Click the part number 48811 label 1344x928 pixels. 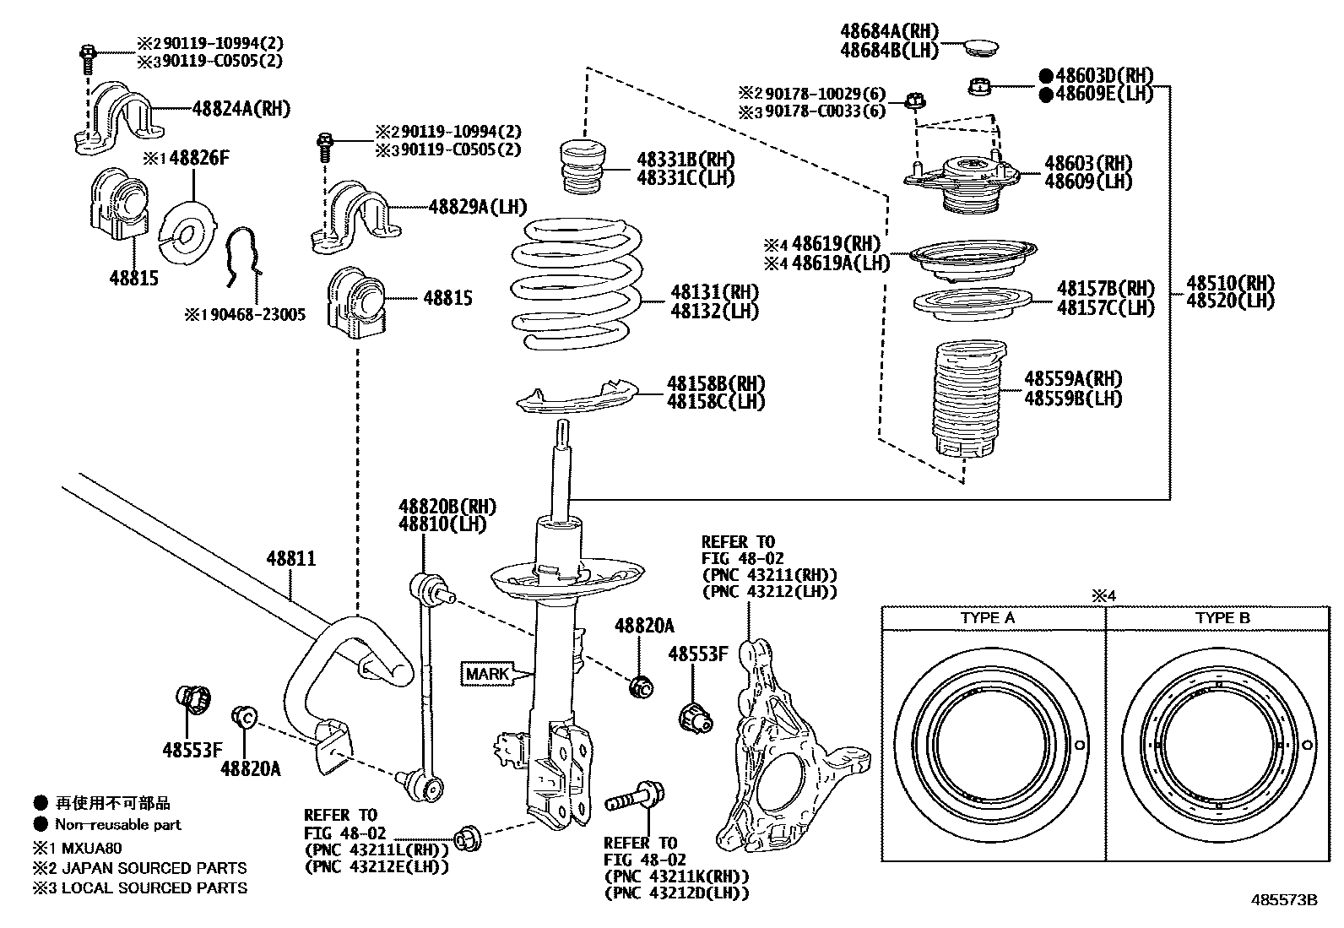click(x=291, y=558)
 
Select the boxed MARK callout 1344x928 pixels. click(x=487, y=674)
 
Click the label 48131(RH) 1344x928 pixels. click(x=714, y=292)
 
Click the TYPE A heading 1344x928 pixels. click(x=987, y=618)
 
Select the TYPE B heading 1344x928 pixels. click(x=1222, y=618)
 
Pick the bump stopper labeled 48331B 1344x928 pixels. click(x=582, y=166)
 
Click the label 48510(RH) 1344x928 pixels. click(x=1230, y=283)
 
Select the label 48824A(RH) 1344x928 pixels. click(x=241, y=108)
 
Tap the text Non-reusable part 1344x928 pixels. click(x=117, y=824)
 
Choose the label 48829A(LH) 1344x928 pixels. click(x=477, y=205)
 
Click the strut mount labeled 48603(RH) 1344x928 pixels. click(x=962, y=182)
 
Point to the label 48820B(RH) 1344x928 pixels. click(x=447, y=507)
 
